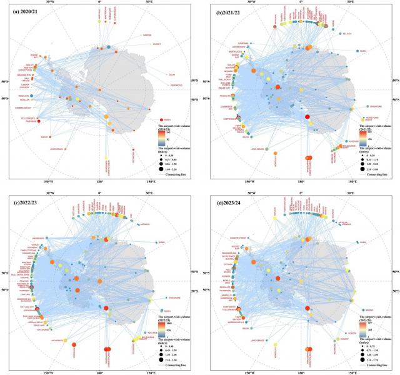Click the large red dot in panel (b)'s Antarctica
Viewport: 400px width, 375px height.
pyautogui.click(x=307, y=117)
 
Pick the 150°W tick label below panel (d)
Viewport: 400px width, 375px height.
pyautogui.click(x=249, y=372)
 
